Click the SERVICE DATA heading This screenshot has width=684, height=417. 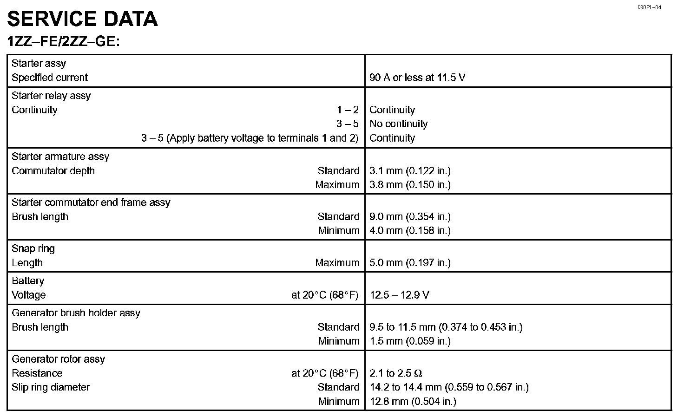tap(82, 19)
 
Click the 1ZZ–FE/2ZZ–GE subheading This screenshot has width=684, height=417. tap(64, 41)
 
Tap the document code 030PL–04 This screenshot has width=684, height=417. tap(649, 7)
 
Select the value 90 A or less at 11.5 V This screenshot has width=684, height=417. tap(417, 78)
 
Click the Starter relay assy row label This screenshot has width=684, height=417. tap(51, 96)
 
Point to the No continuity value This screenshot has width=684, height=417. tap(398, 124)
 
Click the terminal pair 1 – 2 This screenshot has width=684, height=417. tap(348, 110)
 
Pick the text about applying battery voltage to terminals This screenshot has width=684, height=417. tap(250, 138)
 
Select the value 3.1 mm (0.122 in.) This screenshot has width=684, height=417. tap(410, 170)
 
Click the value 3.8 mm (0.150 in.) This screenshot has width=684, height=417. tap(410, 184)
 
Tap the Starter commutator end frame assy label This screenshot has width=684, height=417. tap(91, 202)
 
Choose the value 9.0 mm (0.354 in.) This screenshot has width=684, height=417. tap(410, 216)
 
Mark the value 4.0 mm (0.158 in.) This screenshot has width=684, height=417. tap(410, 230)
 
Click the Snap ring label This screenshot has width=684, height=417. tap(33, 248)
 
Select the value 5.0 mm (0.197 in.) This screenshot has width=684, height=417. tap(410, 262)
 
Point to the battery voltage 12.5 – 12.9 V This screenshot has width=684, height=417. tap(399, 295)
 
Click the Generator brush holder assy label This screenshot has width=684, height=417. tap(76, 313)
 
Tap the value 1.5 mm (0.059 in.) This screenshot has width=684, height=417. tap(410, 341)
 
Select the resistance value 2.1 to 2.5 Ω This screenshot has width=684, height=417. tap(395, 373)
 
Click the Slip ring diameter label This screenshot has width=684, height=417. tap(51, 387)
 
